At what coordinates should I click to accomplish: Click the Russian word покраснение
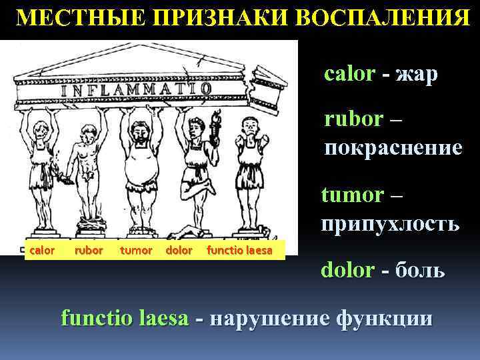click(x=393, y=147)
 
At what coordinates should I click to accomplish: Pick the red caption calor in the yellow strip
click(x=41, y=251)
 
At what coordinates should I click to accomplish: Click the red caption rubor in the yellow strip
click(x=89, y=251)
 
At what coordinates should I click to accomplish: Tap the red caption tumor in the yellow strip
click(x=135, y=251)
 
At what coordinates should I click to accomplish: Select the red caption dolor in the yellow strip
click(x=178, y=251)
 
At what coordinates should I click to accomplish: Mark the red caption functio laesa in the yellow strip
click(x=239, y=251)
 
